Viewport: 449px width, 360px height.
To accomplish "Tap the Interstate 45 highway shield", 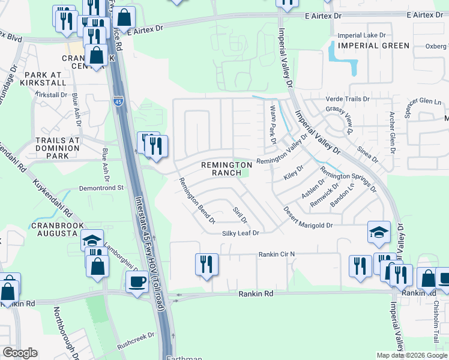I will tap(118, 102).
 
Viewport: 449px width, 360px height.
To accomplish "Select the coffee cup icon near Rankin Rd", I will tap(137, 282).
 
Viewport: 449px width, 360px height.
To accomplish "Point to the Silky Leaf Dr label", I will tap(240, 233).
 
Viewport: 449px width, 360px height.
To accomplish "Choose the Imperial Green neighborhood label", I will tap(373, 46).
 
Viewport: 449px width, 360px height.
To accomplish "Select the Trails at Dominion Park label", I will tap(58, 148).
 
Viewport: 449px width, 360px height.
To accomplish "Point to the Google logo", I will tap(20, 353).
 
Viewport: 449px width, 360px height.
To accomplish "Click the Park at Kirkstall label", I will tap(45, 79).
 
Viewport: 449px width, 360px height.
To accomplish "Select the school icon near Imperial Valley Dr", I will tap(379, 232).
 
